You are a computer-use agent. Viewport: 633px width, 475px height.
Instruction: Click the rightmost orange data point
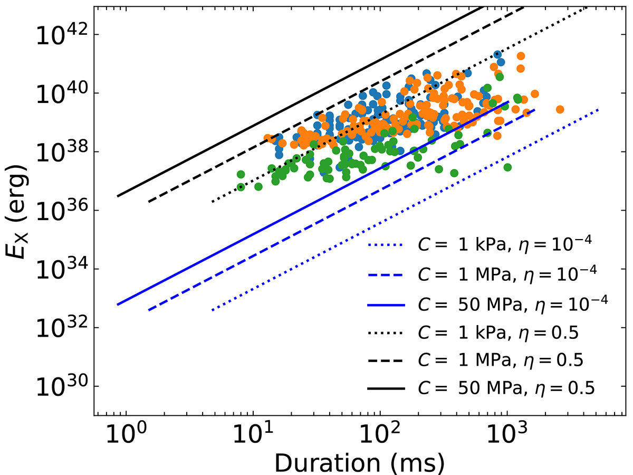(x=560, y=109)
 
